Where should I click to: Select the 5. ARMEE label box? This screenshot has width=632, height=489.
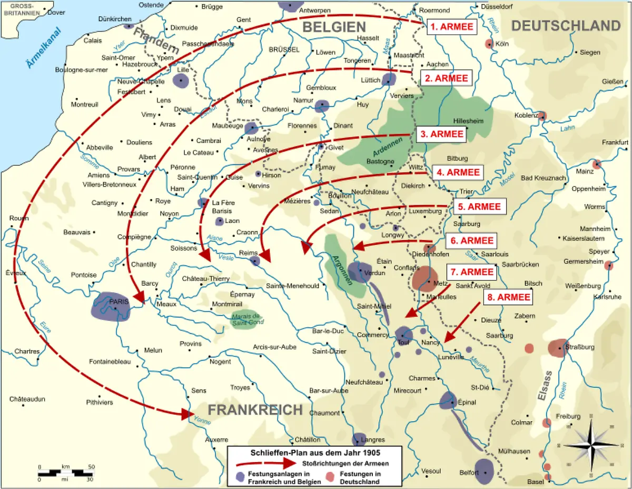479,206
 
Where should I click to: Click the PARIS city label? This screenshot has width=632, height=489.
120,301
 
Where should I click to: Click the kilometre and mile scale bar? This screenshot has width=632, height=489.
65,472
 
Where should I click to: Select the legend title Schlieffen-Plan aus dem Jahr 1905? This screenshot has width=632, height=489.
314,453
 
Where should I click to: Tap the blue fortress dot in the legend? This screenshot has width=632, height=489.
240,477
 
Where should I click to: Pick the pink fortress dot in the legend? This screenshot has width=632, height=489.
329,477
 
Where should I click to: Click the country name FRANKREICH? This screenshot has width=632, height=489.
255,410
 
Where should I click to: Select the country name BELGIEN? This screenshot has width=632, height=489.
334,27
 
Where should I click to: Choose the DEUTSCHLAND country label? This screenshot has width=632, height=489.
566,25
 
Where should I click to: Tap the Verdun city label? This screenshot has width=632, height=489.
374,273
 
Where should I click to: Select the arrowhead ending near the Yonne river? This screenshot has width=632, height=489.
188,414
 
